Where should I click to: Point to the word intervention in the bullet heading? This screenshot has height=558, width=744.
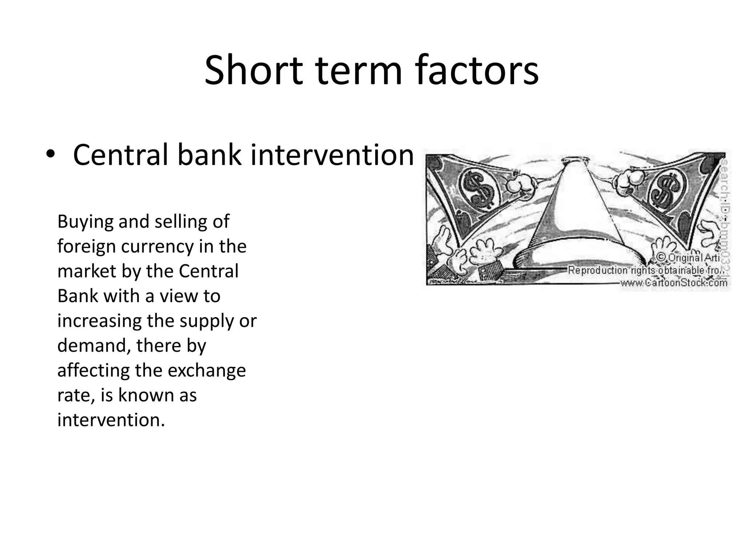click(332, 155)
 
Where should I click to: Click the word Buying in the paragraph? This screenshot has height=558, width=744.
click(85, 222)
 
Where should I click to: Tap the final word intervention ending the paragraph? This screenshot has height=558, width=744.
click(111, 420)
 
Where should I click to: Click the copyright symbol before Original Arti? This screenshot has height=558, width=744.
click(662, 257)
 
